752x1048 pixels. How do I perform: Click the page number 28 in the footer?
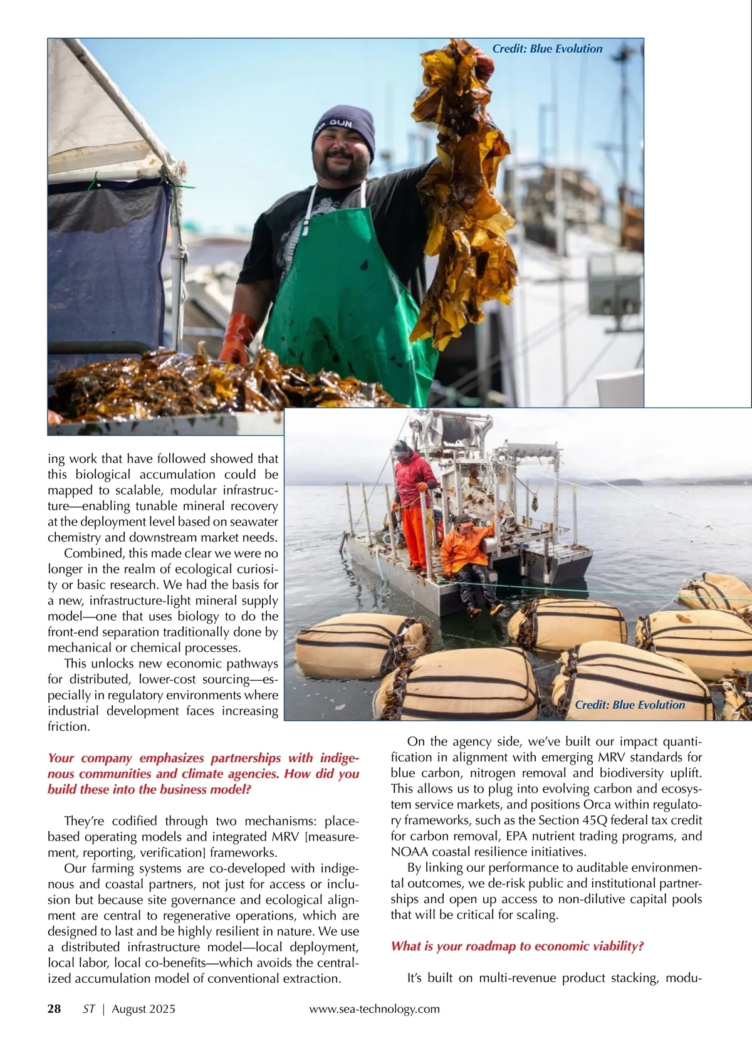55,1009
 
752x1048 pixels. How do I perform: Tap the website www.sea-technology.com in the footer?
374,1009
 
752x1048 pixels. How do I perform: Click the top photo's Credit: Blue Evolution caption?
547,49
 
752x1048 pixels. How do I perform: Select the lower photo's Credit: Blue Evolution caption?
630,705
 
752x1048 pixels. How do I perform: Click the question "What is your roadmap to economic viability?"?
517,946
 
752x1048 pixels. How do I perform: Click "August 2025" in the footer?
144,1009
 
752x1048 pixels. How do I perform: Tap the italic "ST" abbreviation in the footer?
89,1009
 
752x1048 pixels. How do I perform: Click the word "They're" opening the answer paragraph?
85,821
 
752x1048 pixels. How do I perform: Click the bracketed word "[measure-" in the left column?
331,837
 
